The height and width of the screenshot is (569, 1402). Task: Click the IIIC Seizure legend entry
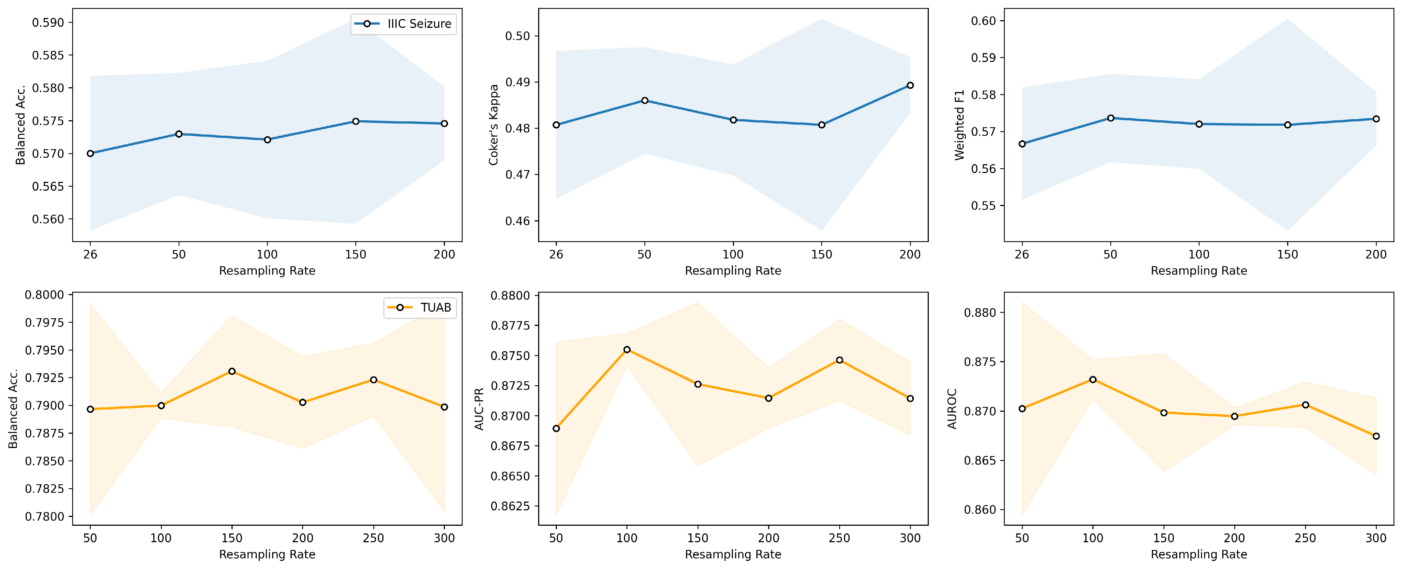(x=403, y=24)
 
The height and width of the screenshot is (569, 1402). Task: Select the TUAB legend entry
(x=419, y=307)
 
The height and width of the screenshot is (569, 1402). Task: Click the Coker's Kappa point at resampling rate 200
(x=910, y=85)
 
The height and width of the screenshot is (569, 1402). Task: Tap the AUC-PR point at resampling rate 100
(x=627, y=349)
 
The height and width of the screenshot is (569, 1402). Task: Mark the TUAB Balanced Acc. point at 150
(x=232, y=371)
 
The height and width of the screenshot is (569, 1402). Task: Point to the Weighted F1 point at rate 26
(x=1022, y=144)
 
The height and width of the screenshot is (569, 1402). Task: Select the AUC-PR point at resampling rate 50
(x=556, y=428)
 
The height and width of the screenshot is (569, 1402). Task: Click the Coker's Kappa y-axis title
(x=494, y=125)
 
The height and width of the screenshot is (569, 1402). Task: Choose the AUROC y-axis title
(x=952, y=408)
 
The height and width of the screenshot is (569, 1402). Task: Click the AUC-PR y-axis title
(x=479, y=408)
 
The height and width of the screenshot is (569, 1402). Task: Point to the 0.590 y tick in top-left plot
(x=48, y=22)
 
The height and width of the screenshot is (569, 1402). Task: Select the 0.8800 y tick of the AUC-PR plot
(x=511, y=295)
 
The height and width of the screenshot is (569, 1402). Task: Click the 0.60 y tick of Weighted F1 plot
(x=983, y=21)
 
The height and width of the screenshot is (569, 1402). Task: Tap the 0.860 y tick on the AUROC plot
(x=980, y=510)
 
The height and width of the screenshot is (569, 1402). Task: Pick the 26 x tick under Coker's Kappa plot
(x=556, y=254)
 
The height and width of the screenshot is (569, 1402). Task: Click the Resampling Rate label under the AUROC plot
(x=1198, y=554)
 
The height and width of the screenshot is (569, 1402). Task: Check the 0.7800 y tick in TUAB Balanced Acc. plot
(x=45, y=516)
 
